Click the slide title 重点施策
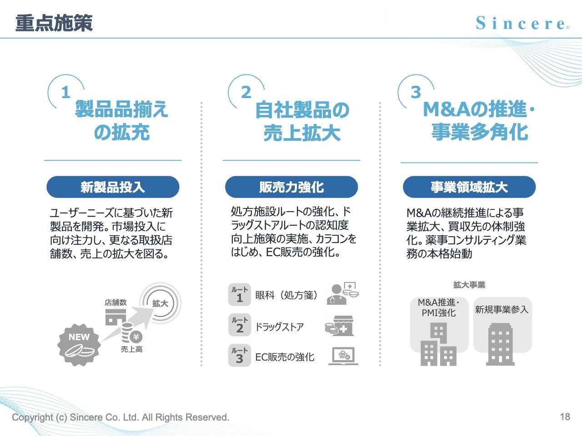click(54, 23)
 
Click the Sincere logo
click(522, 23)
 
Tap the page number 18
click(565, 416)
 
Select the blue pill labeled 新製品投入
click(113, 187)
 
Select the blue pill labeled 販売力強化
click(291, 187)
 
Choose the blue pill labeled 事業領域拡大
click(469, 187)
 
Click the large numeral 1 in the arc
click(66, 92)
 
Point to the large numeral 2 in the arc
click(246, 92)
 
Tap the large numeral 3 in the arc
click(416, 92)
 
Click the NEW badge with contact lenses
click(79, 345)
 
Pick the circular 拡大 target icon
click(161, 303)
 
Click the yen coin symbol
click(136, 337)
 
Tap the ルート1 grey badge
click(240, 295)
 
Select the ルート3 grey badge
click(240, 355)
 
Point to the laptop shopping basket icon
click(343, 356)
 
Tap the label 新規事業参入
click(502, 309)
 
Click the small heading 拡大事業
click(469, 285)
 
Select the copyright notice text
click(120, 417)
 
